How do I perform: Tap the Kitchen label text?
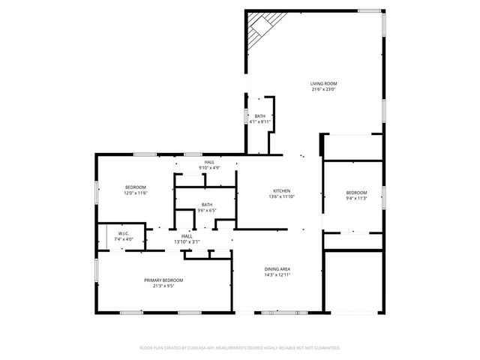click(281, 190)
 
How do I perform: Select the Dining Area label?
click(277, 269)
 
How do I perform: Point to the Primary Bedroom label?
click(163, 280)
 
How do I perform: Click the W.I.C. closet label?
click(124, 233)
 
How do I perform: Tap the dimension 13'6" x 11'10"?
click(281, 196)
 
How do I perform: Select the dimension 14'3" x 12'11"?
click(277, 275)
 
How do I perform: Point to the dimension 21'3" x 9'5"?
click(163, 286)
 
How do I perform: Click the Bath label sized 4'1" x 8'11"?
click(260, 115)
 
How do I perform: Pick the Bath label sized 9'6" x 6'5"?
click(206, 205)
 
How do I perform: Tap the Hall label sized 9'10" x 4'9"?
click(209, 162)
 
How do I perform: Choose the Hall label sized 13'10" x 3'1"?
click(187, 236)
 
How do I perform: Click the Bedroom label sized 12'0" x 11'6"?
click(136, 187)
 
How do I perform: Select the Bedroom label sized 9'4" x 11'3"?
click(356, 192)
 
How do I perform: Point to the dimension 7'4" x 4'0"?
click(124, 239)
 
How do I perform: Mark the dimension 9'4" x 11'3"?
click(356, 198)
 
